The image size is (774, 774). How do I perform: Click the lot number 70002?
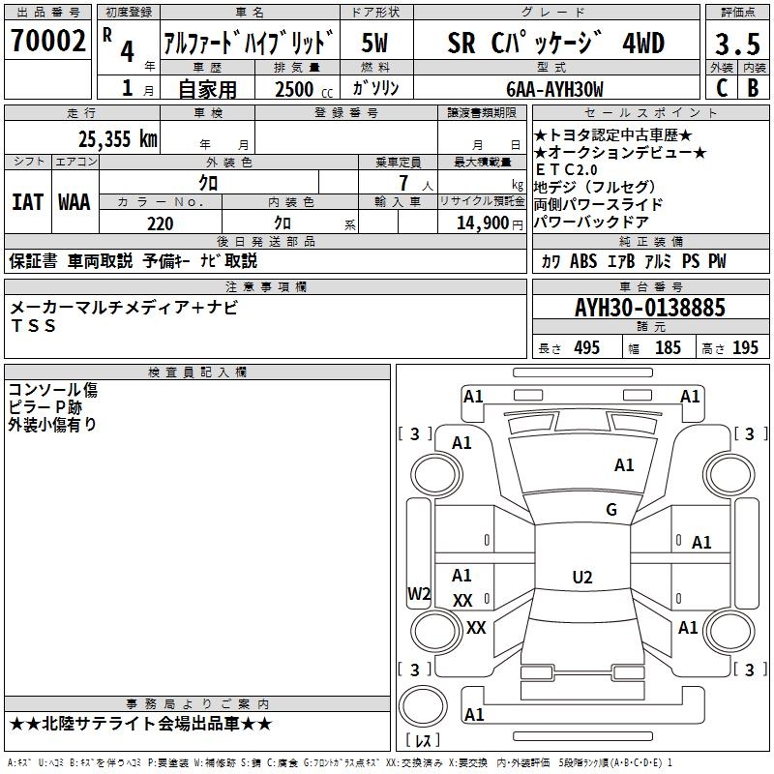click(x=47, y=41)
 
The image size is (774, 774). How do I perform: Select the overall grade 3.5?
click(x=737, y=44)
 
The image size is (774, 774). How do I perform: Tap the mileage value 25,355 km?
click(x=118, y=139)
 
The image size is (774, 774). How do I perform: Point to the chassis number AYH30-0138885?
click(x=650, y=308)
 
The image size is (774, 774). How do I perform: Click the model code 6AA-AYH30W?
click(x=554, y=89)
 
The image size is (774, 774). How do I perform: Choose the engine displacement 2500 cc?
click(x=304, y=89)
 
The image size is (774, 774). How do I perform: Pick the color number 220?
click(x=161, y=224)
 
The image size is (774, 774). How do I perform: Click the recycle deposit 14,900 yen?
click(x=490, y=223)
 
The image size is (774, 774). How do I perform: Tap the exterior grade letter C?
click(x=722, y=88)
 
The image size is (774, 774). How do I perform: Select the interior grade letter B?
click(x=754, y=88)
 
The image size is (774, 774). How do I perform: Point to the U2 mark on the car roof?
click(x=582, y=577)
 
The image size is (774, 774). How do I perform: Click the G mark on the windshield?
click(x=611, y=509)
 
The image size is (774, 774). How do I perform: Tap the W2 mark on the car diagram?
click(x=419, y=594)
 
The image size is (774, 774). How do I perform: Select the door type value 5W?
click(x=374, y=43)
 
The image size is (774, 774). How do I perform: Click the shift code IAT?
click(x=28, y=202)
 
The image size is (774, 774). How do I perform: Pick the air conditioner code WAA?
click(x=74, y=202)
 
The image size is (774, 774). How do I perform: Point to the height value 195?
click(x=745, y=348)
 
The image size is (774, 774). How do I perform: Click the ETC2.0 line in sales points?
click(x=566, y=170)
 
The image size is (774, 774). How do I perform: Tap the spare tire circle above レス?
click(x=423, y=706)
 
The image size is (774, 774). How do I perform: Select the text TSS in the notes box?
click(x=33, y=326)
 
